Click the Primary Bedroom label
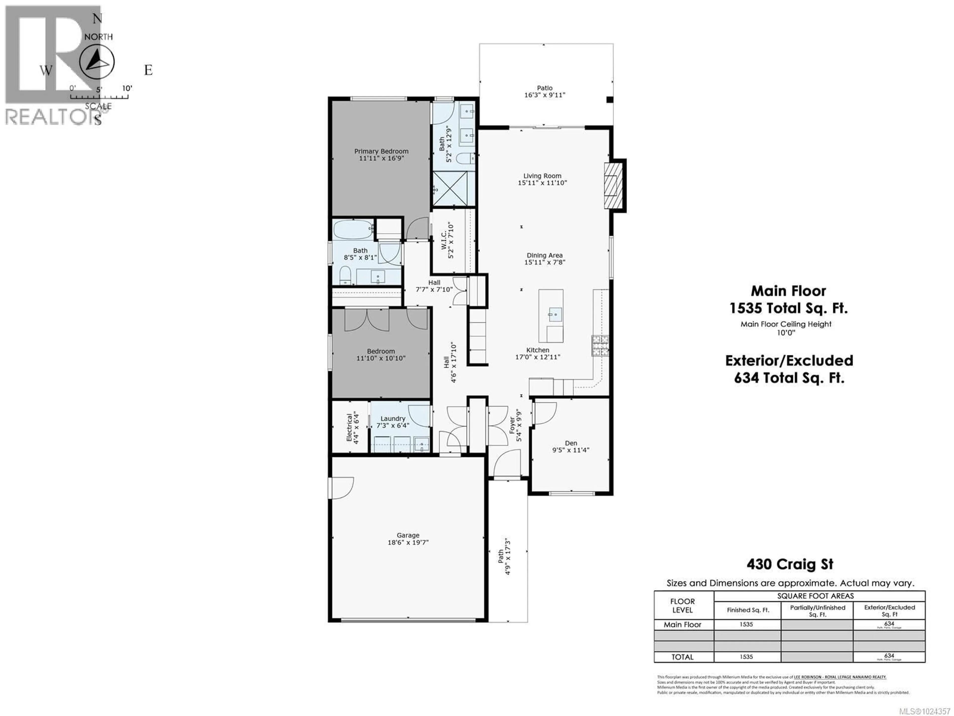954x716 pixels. click(x=381, y=151)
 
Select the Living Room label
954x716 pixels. click(x=542, y=176)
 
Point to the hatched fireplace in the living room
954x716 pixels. click(x=614, y=185)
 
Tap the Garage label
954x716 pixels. click(x=408, y=535)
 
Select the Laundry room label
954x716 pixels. click(x=393, y=419)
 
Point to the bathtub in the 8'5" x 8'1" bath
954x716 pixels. click(x=353, y=229)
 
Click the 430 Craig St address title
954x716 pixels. click(x=790, y=564)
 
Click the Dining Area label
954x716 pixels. click(x=544, y=256)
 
